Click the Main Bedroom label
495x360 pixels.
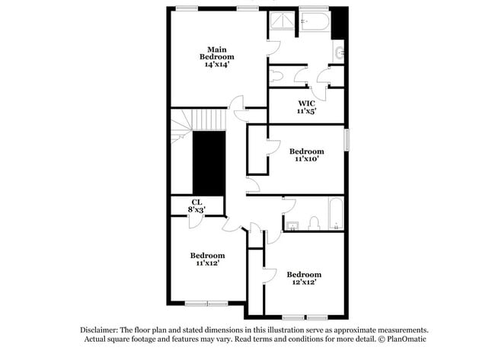point(217,53)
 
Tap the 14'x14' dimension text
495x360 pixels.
point(217,65)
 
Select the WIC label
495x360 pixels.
point(306,103)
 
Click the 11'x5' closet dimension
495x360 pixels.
point(306,111)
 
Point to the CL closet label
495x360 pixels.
point(196,202)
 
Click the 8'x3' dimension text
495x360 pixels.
point(196,209)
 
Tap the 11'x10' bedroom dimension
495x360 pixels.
point(306,159)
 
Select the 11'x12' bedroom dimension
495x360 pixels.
point(207,263)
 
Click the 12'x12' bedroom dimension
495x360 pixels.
point(304,282)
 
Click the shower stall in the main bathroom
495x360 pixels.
point(283,21)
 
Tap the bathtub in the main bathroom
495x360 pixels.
point(314,21)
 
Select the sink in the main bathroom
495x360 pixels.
point(340,53)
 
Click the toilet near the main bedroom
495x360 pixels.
point(276,76)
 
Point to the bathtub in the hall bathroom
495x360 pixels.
point(335,214)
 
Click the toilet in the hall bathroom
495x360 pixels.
point(313,223)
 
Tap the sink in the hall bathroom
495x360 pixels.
point(290,225)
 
